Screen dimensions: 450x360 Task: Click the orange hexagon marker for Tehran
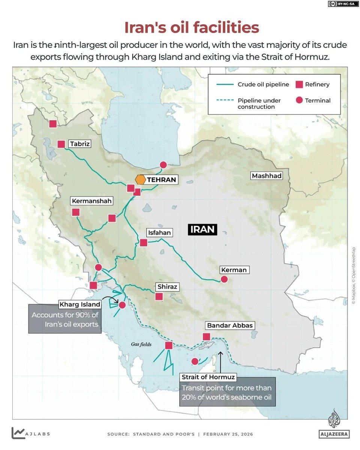pyautogui.click(x=141, y=180)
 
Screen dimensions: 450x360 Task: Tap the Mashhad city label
pyautogui.click(x=267, y=176)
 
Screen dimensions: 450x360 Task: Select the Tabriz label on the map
pyautogui.click(x=80, y=144)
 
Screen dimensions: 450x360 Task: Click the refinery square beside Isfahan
pyautogui.click(x=143, y=243)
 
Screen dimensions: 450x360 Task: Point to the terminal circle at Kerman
pyautogui.click(x=224, y=279)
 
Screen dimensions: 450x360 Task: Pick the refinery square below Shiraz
pyautogui.click(x=159, y=296)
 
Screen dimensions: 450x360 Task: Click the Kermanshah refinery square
pyautogui.click(x=76, y=212)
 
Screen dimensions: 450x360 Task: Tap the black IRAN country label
pyautogui.click(x=202, y=229)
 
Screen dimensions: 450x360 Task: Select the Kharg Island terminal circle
pyautogui.click(x=122, y=305)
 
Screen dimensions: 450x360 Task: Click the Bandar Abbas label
pyautogui.click(x=229, y=325)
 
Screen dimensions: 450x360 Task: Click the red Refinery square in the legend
pyautogui.click(x=299, y=84)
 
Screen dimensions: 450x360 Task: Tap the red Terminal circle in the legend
pyautogui.click(x=299, y=100)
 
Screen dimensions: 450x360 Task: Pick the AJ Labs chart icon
pyautogui.click(x=18, y=433)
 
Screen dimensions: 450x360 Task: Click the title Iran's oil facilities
pyautogui.click(x=192, y=27)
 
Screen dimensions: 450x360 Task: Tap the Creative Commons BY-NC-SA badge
pyautogui.click(x=342, y=4)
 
